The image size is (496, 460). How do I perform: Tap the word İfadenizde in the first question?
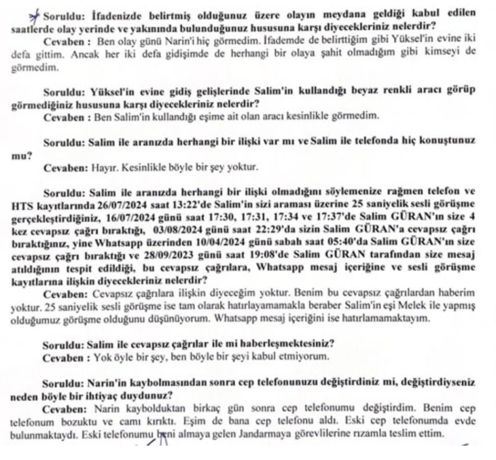point(111,17)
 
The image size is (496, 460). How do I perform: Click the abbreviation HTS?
point(19,205)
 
